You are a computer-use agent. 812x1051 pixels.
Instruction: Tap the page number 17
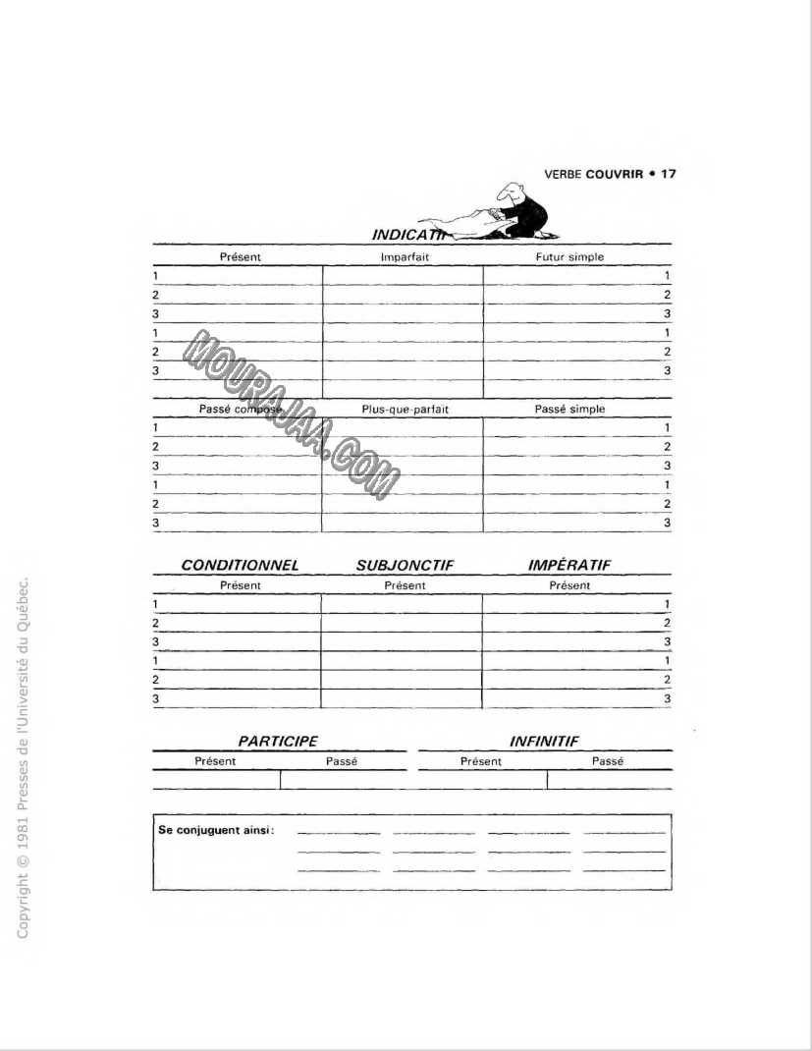[668, 174]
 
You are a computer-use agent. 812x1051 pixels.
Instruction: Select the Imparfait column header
[405, 257]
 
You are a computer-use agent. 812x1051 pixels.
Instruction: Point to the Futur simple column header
[569, 257]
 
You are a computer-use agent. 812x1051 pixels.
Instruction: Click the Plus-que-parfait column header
[405, 409]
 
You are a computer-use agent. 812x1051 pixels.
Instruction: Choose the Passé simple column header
[569, 409]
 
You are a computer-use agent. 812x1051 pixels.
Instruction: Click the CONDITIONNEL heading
[240, 566]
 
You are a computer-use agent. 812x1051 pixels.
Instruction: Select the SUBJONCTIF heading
[405, 566]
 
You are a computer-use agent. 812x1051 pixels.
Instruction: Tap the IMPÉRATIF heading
[569, 566]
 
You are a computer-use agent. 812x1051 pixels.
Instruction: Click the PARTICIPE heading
[278, 742]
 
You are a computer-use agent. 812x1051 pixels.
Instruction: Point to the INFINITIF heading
[545, 742]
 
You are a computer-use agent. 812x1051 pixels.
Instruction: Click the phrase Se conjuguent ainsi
[216, 830]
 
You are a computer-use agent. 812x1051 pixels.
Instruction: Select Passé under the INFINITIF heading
[608, 761]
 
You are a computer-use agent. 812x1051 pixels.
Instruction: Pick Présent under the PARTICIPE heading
[215, 761]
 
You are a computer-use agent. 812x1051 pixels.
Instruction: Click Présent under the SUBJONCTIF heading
[405, 585]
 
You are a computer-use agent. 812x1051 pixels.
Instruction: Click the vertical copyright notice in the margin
[26, 756]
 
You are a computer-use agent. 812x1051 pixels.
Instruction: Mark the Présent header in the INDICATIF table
[240, 257]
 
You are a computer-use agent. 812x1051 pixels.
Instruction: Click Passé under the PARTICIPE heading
[341, 761]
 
